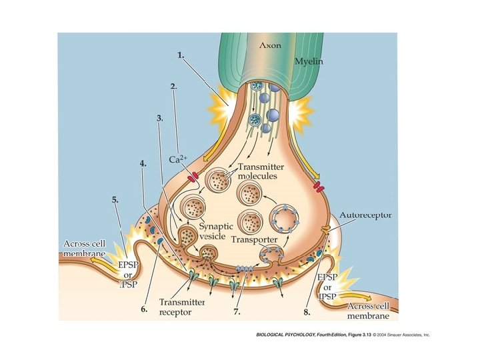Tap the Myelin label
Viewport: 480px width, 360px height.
click(x=310, y=61)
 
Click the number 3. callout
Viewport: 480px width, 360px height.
click(x=160, y=119)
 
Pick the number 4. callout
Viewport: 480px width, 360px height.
click(x=143, y=163)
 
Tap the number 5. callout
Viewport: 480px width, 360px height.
click(x=116, y=199)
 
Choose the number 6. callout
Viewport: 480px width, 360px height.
click(x=143, y=310)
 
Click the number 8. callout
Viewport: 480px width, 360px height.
click(x=307, y=311)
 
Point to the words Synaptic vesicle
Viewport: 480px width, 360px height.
click(x=202, y=231)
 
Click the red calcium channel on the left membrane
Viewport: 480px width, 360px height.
click(x=193, y=178)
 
